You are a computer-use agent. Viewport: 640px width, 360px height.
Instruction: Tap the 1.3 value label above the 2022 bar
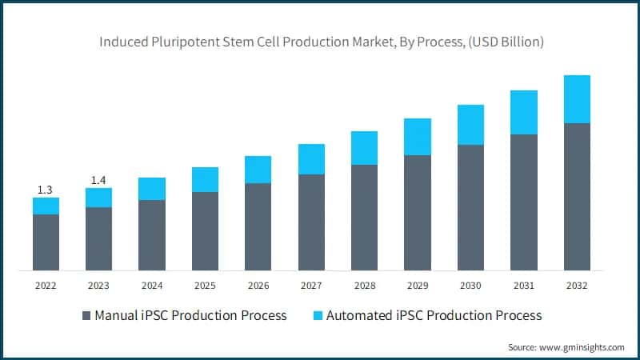[46, 190]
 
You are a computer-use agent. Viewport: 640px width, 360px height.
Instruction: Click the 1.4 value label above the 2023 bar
[98, 180]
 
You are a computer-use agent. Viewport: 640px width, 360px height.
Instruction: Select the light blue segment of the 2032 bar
[577, 99]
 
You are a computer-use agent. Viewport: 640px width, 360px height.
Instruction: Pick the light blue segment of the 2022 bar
[46, 206]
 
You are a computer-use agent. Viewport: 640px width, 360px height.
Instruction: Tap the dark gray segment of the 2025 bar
[205, 231]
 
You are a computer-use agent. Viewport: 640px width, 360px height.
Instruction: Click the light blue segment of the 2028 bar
[364, 148]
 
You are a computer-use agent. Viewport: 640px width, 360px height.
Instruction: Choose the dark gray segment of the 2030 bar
[470, 208]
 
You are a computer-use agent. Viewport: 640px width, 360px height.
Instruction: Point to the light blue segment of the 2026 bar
[258, 170]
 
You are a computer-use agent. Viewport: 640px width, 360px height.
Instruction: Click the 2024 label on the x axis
[152, 286]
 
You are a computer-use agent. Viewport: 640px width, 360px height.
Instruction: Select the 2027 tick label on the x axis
[311, 286]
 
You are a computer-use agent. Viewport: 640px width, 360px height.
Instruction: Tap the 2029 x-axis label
[418, 286]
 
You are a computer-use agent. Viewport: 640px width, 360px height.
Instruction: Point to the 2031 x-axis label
[524, 286]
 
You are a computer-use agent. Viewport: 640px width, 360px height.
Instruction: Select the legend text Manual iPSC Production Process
[190, 315]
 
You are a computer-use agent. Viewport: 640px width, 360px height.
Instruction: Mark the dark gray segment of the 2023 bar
[98, 238]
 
